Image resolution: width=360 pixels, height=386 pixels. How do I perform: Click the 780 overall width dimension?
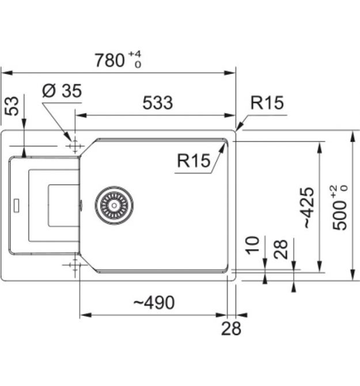click(110, 60)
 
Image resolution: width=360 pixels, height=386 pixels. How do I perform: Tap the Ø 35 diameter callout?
click(62, 90)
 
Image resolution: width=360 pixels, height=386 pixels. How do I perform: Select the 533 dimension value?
click(158, 103)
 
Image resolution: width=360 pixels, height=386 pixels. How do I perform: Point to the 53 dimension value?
click(12, 106)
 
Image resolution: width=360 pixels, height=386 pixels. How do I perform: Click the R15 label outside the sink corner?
click(267, 103)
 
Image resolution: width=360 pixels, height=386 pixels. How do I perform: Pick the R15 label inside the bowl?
click(194, 161)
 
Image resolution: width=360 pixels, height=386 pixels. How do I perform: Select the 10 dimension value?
click(252, 245)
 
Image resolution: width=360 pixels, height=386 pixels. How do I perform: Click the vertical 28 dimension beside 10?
click(281, 249)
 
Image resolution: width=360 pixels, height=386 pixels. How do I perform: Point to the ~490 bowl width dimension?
click(154, 302)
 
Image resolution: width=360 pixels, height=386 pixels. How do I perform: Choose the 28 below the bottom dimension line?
click(231, 328)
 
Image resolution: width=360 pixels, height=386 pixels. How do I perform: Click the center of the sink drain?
click(114, 205)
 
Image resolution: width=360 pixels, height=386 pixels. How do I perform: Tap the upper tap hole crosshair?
click(75, 146)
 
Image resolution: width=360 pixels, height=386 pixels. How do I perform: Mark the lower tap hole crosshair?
click(75, 265)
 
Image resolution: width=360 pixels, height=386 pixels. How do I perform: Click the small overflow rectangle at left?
click(17, 206)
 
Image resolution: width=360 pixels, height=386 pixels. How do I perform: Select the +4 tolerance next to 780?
click(135, 54)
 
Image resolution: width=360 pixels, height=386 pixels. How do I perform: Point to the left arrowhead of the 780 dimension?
click(7, 73)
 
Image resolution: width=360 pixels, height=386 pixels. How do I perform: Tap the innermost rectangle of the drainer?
click(64, 206)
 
